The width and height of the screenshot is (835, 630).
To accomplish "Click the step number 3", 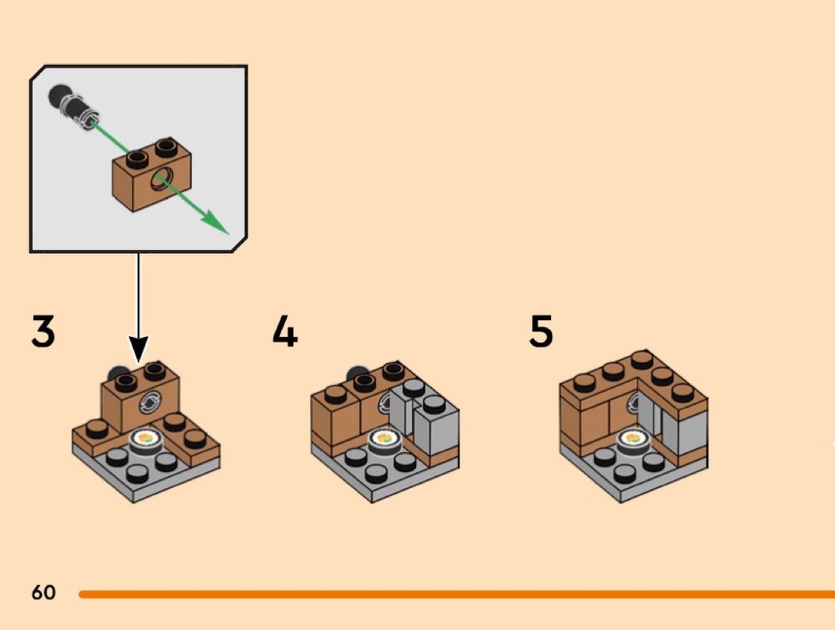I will coord(44,331).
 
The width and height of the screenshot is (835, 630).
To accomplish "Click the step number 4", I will coord(285,331).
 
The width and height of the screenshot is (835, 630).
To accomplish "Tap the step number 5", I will coord(542,331).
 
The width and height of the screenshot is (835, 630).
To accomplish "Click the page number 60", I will coord(44,592).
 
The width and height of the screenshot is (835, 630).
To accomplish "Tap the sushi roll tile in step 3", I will coord(146,438).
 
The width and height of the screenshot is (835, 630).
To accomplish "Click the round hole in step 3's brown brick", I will coord(148,402).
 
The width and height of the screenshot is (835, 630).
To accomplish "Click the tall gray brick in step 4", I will coord(433,429).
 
